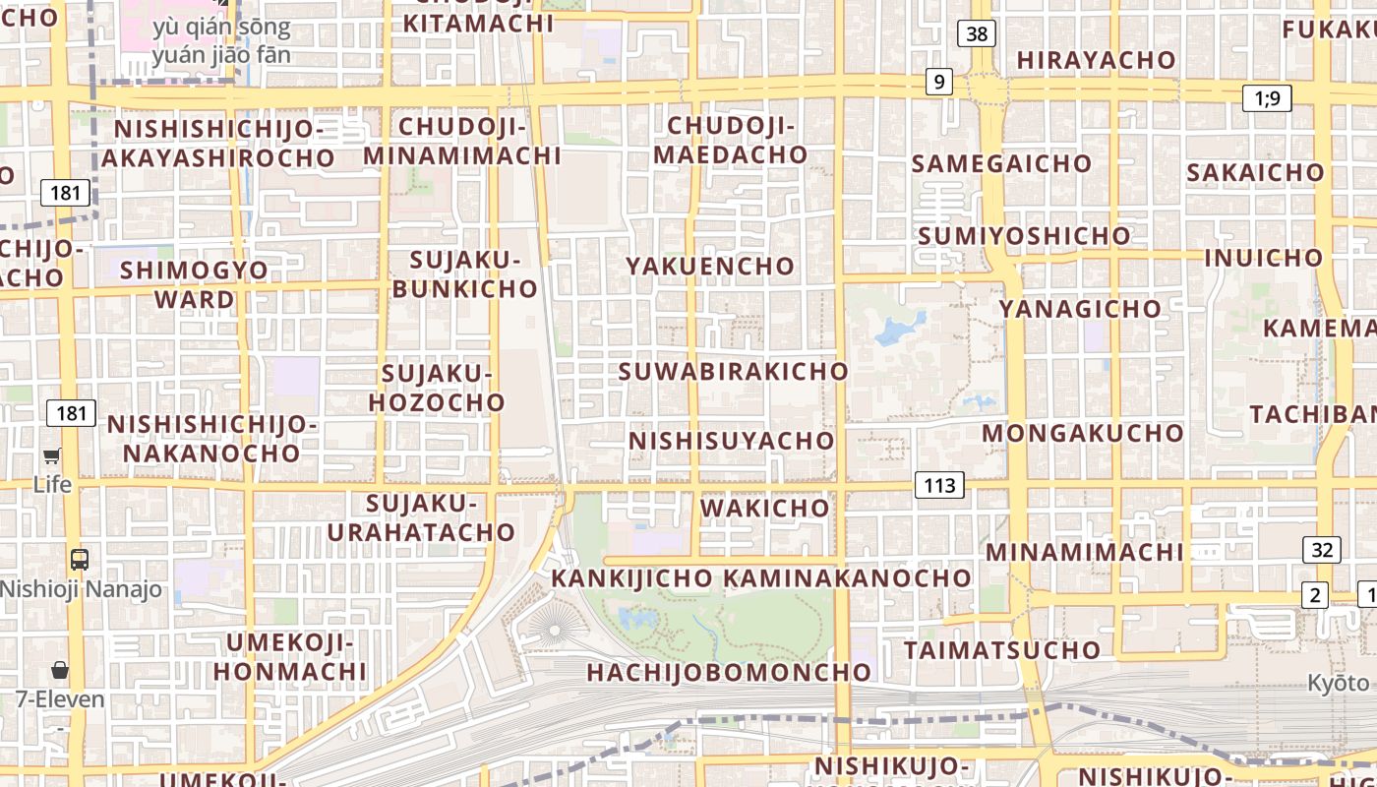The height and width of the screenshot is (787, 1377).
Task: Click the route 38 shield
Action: (977, 34)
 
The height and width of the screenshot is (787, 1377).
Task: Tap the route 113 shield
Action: (939, 485)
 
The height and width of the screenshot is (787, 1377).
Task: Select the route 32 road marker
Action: (1322, 550)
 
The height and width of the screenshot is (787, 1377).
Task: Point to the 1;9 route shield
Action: (1267, 97)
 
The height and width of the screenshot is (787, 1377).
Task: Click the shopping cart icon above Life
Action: (52, 455)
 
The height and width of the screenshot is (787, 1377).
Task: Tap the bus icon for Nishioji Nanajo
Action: (80, 560)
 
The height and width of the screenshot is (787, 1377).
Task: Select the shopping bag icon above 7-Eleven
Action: (60, 670)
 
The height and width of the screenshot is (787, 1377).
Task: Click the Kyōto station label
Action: (1338, 683)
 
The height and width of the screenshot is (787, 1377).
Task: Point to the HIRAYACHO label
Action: (1096, 60)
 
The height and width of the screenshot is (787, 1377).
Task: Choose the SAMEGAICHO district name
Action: (1001, 163)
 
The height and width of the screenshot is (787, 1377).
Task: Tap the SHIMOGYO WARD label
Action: (194, 284)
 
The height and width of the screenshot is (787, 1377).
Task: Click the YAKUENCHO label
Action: (710, 266)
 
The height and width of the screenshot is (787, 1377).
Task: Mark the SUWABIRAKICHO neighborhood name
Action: (733, 371)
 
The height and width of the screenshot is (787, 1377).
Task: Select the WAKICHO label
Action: (765, 508)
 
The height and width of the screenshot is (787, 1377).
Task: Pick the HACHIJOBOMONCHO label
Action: (729, 672)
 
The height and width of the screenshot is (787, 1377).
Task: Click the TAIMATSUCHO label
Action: (1002, 650)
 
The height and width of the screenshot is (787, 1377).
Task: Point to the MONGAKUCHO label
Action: (1083, 433)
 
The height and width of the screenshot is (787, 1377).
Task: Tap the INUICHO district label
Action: (1264, 258)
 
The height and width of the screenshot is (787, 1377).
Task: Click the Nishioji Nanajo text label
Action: (81, 590)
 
